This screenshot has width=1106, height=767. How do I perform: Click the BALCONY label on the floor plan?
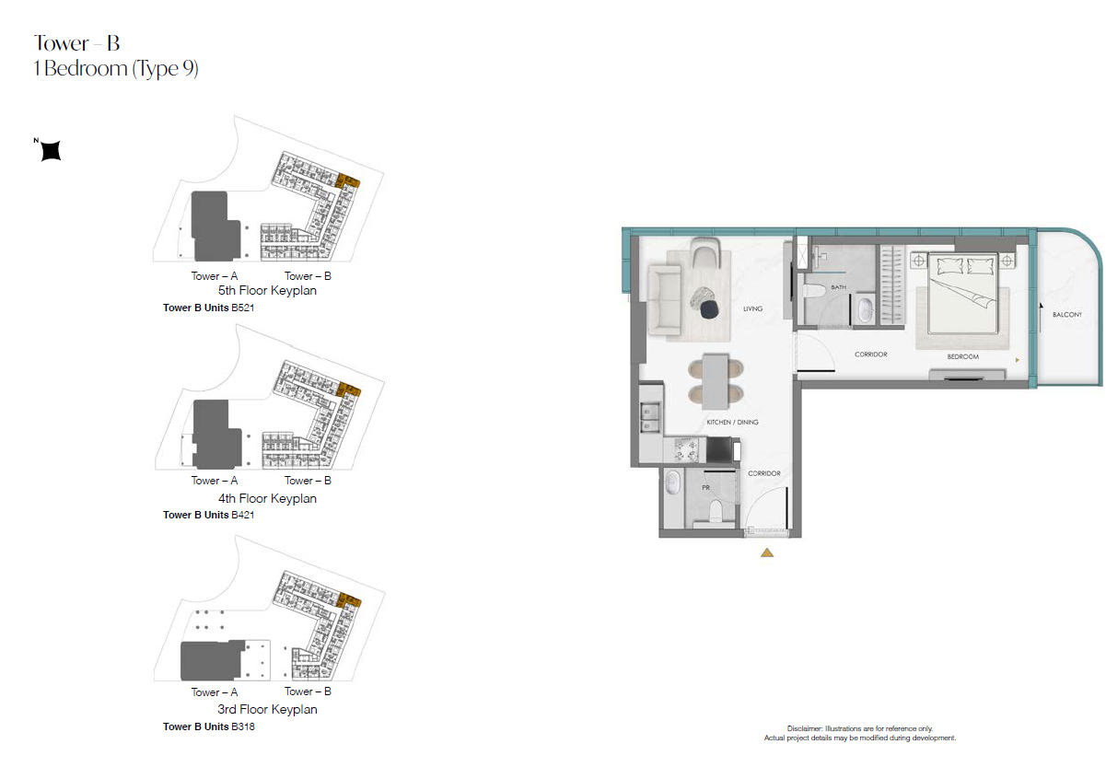tap(1067, 314)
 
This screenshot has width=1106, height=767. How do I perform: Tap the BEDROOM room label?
tap(963, 356)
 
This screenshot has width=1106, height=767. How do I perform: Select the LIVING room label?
tap(753, 308)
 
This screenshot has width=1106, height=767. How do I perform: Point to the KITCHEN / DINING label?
tap(732, 422)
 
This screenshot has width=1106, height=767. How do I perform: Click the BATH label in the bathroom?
tap(838, 286)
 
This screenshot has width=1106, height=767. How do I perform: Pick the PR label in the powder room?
tap(706, 488)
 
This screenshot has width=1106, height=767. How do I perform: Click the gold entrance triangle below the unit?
tap(767, 552)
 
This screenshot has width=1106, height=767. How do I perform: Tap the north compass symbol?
tap(51, 150)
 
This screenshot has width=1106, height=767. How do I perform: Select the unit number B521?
tap(242, 308)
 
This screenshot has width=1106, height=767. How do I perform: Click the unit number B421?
tap(242, 515)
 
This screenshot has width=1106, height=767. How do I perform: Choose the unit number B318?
tap(243, 726)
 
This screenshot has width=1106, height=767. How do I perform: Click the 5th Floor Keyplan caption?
tap(267, 291)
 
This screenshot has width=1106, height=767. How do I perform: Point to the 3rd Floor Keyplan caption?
tap(267, 709)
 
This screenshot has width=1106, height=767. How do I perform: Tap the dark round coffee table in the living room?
tap(709, 309)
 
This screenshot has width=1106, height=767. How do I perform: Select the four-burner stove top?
tap(686, 449)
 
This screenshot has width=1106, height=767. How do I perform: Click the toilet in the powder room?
tap(716, 511)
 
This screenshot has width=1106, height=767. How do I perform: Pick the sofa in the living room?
tap(664, 300)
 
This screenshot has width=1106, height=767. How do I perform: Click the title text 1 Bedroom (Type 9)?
tap(116, 69)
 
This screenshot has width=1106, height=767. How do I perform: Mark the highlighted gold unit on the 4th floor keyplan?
tap(349, 389)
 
